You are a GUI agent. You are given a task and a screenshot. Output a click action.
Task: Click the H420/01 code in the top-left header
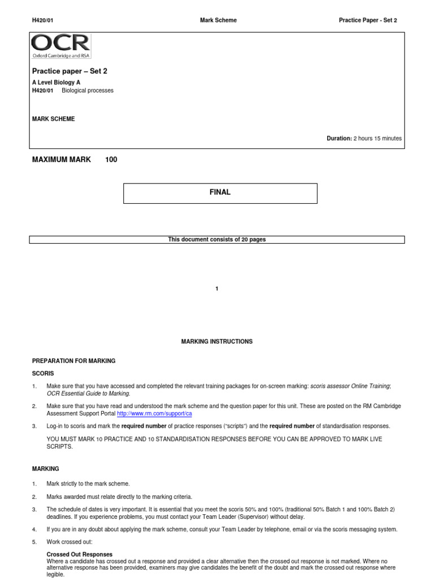[42, 20]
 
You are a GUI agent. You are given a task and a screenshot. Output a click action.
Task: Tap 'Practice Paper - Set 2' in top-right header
[368, 20]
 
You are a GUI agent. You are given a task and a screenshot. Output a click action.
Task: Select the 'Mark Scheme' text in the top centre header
[219, 20]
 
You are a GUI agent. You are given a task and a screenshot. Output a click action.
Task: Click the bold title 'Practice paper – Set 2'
[70, 72]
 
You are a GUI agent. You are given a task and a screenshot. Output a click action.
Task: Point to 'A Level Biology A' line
[56, 82]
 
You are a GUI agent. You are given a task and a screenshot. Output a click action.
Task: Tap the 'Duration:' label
[339, 138]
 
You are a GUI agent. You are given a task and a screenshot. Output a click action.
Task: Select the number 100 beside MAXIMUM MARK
[111, 160]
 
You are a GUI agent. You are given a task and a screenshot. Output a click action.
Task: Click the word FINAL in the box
[220, 192]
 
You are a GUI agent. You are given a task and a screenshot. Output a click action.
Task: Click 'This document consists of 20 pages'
[217, 239]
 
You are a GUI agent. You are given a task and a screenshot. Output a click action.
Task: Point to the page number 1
[217, 289]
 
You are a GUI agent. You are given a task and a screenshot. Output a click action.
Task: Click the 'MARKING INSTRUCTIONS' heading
[216, 341]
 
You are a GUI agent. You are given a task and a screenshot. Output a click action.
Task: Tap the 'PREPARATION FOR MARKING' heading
[73, 361]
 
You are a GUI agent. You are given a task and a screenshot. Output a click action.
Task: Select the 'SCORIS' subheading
[43, 374]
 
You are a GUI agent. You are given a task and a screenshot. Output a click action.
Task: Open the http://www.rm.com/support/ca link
[154, 414]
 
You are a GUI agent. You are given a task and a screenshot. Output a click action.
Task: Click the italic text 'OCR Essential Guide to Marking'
[88, 393]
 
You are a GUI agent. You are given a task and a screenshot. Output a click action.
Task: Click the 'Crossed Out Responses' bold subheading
[79, 554]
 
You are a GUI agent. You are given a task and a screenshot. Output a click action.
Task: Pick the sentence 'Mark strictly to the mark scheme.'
[88, 484]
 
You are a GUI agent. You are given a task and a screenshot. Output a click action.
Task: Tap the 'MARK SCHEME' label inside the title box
[53, 119]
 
